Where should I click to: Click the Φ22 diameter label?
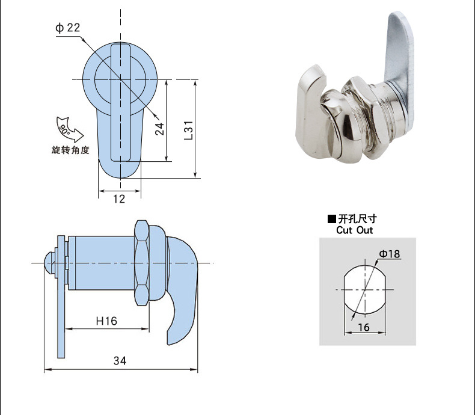[67, 28]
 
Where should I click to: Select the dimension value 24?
[159, 129]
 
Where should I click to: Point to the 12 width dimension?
[119, 199]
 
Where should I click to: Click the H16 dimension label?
[106, 321]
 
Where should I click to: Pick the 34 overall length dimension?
[120, 361]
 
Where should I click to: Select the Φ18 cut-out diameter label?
[390, 254]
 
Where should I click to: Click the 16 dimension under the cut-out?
[363, 327]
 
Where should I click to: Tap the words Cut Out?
[354, 230]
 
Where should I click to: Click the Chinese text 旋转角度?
[70, 150]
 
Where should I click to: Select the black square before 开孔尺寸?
[331, 219]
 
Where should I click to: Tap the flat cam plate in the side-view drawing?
[61, 301]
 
